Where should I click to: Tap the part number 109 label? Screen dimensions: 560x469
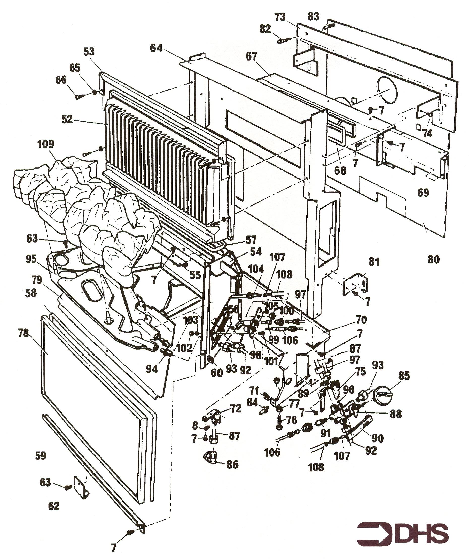(x=46, y=144)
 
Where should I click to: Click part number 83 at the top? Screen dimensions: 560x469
(x=313, y=17)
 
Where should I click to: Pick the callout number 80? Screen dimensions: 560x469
(x=433, y=259)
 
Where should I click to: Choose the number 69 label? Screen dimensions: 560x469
(x=423, y=193)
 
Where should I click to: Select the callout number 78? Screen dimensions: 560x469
(x=23, y=333)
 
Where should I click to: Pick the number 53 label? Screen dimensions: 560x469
(x=89, y=52)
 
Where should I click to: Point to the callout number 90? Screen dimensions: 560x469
(x=377, y=438)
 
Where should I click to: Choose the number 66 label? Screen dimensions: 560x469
(x=60, y=80)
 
